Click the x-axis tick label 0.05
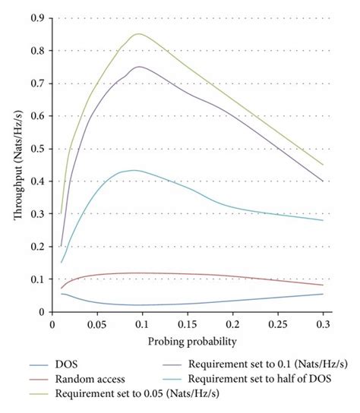[96, 323]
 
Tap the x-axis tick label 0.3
[323, 323]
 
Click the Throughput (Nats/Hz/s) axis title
[17, 163]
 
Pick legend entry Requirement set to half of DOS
[262, 378]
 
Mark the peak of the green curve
[137, 34]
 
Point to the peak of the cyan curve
[134, 170]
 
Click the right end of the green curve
[323, 165]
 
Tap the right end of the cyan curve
[323, 220]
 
